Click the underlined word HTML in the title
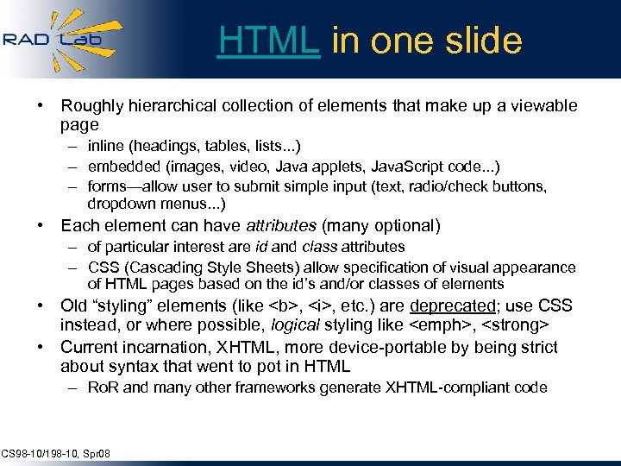268,41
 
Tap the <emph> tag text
441,324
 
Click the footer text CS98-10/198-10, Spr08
55,454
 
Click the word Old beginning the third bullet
73,305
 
